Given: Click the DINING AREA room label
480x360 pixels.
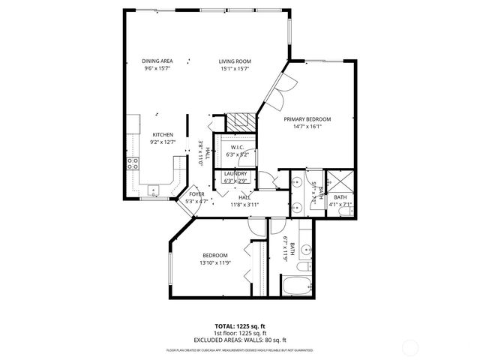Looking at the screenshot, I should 157,61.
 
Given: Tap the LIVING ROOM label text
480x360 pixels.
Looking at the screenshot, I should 234,61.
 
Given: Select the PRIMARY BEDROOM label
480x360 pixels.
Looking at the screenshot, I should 307,119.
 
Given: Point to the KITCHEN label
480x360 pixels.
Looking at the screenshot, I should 163,135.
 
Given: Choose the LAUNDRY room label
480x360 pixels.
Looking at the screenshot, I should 235,174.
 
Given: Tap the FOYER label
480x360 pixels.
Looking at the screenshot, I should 196,194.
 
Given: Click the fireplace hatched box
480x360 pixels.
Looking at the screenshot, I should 241,121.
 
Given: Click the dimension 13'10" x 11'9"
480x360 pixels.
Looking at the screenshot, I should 214,263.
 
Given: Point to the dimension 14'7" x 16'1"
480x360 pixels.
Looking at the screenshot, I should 307,127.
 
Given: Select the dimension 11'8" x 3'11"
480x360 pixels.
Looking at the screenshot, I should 244,204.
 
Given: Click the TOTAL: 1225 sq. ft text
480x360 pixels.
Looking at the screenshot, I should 239,326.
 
